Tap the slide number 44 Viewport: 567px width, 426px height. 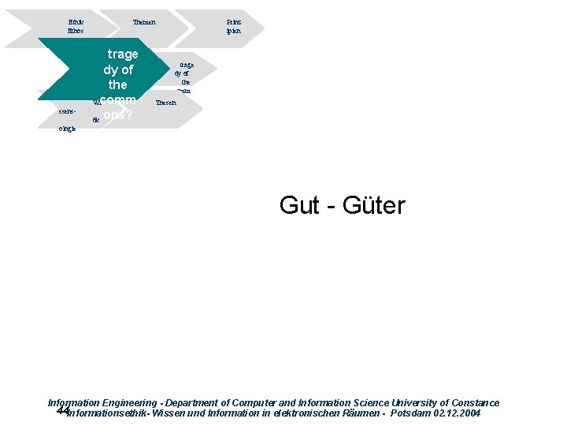click(x=63, y=411)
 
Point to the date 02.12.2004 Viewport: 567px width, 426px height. click(x=458, y=413)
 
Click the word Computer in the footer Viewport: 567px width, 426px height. click(x=268, y=402)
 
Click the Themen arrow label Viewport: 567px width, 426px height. click(x=144, y=22)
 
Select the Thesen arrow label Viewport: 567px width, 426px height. click(x=166, y=103)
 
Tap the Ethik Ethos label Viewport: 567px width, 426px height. click(x=76, y=26)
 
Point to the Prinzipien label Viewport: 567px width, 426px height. click(x=233, y=26)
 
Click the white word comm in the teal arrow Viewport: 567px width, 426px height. click(x=119, y=99)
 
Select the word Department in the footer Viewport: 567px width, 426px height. click(x=194, y=402)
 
